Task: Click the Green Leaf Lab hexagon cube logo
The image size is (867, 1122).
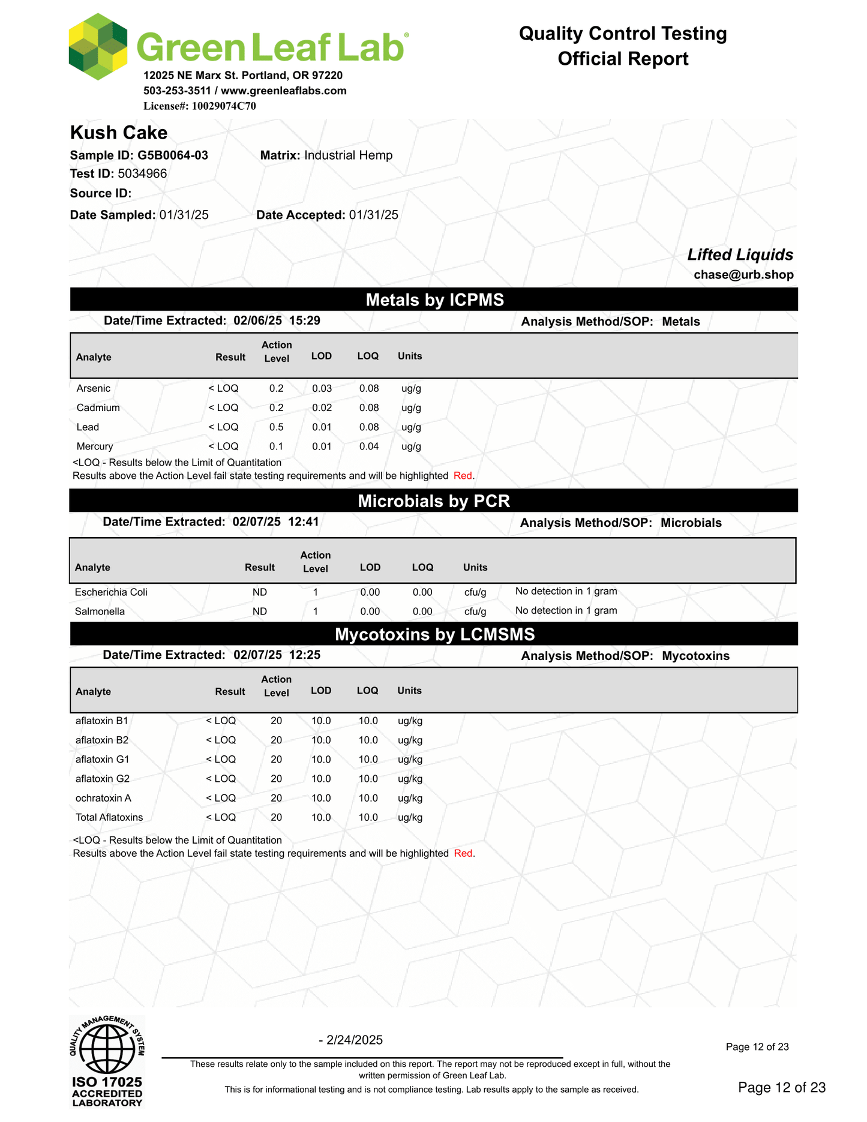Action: click(x=98, y=47)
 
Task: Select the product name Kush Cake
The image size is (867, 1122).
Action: click(x=119, y=133)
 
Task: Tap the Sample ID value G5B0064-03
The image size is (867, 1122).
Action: click(x=173, y=155)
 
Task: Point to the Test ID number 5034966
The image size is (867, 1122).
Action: click(x=142, y=174)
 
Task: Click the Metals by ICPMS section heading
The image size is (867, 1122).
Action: click(x=434, y=300)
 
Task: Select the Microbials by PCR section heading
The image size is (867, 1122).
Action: click(x=433, y=501)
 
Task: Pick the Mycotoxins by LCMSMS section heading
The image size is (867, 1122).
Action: click(x=434, y=634)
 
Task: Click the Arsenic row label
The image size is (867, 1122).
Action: click(x=94, y=389)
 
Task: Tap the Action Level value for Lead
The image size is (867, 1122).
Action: click(x=276, y=427)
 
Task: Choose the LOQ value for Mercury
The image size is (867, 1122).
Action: click(x=368, y=446)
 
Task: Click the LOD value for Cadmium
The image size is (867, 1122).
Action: click(x=322, y=408)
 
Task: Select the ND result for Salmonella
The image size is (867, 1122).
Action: click(x=259, y=611)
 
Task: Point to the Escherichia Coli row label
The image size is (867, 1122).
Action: click(x=111, y=592)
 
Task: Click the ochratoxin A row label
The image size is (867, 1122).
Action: click(x=103, y=798)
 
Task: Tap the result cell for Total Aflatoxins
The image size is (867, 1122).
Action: click(x=221, y=817)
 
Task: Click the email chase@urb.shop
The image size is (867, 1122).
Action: click(x=743, y=275)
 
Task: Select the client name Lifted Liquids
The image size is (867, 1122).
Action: click(x=740, y=255)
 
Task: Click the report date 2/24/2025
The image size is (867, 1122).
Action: click(x=354, y=1040)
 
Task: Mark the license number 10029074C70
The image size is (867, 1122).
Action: click(x=224, y=106)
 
